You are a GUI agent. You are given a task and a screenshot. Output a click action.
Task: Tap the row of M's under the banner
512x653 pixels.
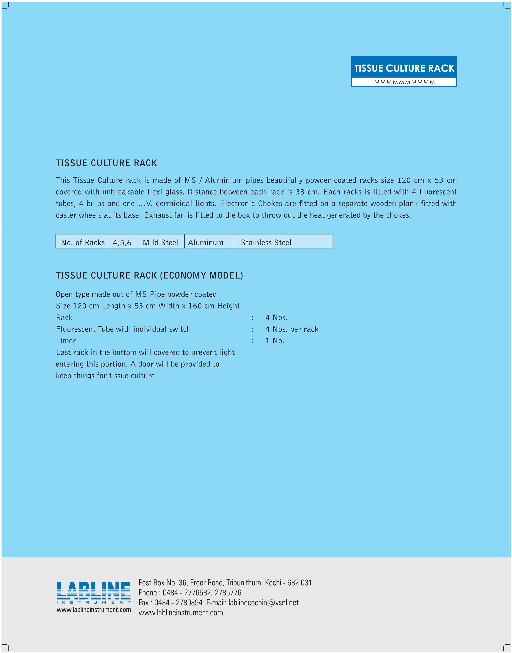click(x=404, y=82)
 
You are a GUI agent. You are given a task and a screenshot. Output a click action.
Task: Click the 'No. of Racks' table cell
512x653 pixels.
click(x=83, y=242)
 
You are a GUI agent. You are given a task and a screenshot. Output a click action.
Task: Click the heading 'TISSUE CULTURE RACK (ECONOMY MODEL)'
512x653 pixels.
click(x=149, y=275)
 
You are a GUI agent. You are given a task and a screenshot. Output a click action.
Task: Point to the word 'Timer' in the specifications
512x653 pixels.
click(x=66, y=341)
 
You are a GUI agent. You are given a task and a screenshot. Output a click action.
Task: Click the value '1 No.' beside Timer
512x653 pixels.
click(x=275, y=341)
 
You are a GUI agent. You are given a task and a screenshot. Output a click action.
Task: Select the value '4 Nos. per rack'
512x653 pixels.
click(x=292, y=329)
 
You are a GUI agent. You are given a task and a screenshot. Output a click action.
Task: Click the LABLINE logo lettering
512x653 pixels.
click(x=94, y=591)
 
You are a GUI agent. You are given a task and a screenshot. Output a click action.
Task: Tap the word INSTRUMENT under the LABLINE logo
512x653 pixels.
click(x=94, y=602)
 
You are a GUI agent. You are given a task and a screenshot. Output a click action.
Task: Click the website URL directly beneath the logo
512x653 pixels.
click(x=94, y=610)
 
